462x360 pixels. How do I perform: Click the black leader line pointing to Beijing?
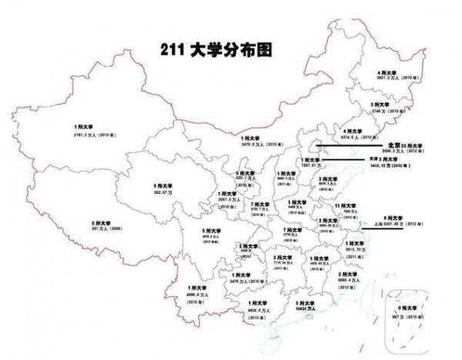(x=346, y=143)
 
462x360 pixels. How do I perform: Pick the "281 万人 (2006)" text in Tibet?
(x=96, y=228)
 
